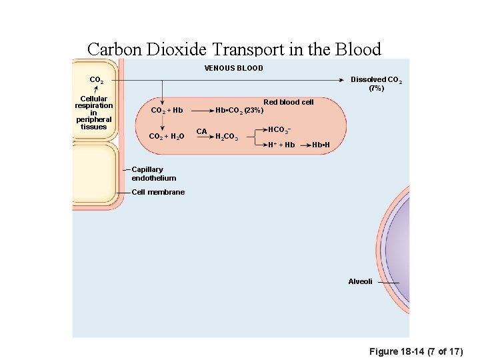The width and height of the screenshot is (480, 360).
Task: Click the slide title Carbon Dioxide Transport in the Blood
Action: click(x=234, y=49)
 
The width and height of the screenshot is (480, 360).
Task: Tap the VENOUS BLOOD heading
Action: click(x=233, y=68)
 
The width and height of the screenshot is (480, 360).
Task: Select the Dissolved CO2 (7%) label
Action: click(x=376, y=83)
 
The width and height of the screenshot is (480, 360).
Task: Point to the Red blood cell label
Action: click(x=288, y=102)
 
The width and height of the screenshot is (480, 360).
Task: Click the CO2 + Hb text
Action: click(x=167, y=110)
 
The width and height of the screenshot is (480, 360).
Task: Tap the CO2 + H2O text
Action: click(x=167, y=137)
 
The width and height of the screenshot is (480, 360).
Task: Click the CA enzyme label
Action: click(x=201, y=131)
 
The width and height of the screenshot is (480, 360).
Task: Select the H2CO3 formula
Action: click(x=227, y=137)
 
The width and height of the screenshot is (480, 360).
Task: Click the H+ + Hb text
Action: click(x=281, y=145)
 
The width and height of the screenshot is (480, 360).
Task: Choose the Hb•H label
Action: click(x=321, y=145)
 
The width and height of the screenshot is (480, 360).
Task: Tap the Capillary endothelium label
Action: click(x=153, y=174)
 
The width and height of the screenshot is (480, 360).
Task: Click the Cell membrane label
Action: click(x=158, y=192)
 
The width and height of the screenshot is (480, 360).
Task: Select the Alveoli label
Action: click(x=360, y=281)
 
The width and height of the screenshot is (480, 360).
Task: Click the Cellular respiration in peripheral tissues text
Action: click(x=94, y=113)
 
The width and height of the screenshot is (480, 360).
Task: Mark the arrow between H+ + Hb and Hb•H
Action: click(x=304, y=145)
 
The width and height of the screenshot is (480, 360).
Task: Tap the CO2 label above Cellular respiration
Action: click(x=97, y=81)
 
